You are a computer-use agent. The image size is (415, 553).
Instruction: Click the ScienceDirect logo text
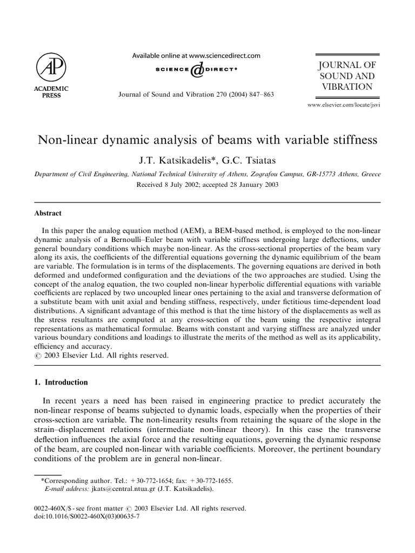tap(197, 70)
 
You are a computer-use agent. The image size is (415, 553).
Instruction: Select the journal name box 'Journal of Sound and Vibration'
tap(347, 76)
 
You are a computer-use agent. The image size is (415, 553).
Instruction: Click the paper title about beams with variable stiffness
tap(207, 141)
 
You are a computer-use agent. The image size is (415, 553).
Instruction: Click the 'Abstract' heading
tap(47, 213)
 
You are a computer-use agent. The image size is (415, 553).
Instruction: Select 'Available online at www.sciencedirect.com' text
tap(197, 55)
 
